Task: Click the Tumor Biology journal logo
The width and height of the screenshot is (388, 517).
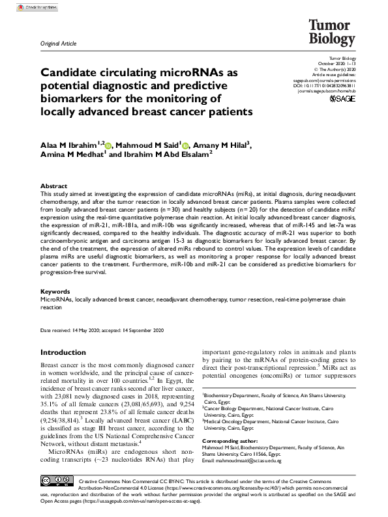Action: click(x=331, y=31)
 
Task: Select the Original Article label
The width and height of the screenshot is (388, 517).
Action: click(x=58, y=44)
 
